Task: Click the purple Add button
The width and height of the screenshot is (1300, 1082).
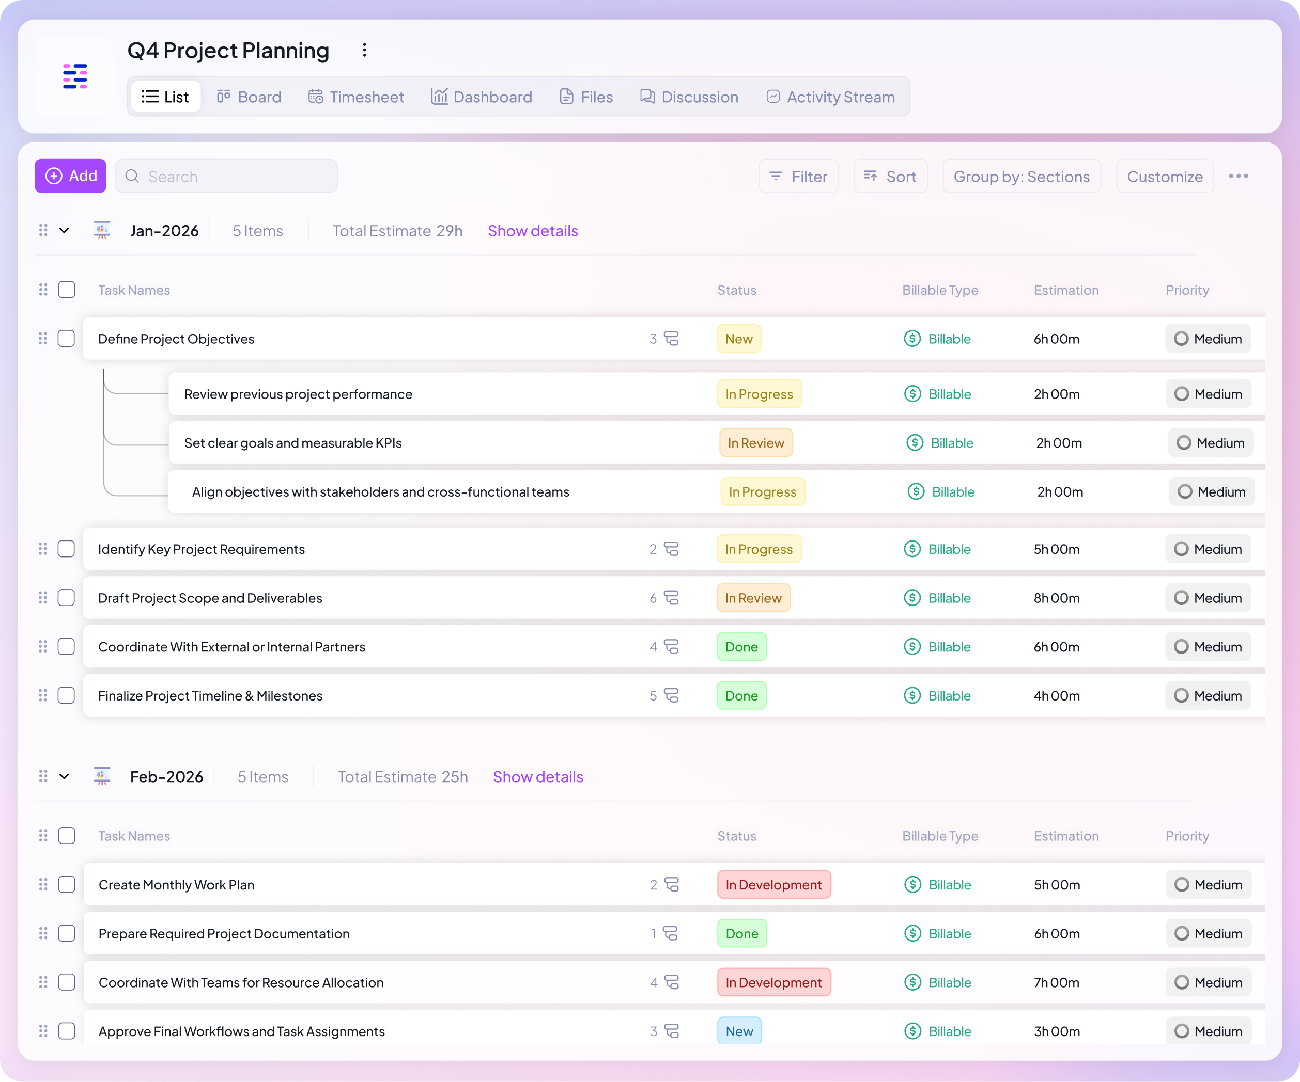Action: coord(71,177)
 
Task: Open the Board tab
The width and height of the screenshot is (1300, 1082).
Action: coord(249,97)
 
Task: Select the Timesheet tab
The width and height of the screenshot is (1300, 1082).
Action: coord(356,97)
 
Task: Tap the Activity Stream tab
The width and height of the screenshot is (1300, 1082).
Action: coord(831,97)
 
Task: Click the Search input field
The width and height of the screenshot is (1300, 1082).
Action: coord(227,177)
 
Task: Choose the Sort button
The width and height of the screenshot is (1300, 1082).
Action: coord(890,177)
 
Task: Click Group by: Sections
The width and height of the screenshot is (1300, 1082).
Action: coord(1022,177)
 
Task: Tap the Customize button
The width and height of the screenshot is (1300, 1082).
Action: coord(1165,177)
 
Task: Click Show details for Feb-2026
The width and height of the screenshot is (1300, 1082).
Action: coord(537,777)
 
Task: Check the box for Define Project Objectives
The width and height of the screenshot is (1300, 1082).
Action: coord(66,339)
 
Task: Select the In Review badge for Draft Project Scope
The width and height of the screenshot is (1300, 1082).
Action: coord(753,598)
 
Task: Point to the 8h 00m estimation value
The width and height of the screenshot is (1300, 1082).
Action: coord(1056,598)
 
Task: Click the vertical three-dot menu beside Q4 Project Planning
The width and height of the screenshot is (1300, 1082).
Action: coord(365,50)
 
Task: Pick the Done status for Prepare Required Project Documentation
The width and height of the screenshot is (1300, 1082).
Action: coord(741,933)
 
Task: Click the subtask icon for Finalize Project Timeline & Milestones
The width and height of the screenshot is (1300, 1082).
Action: coord(671,696)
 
